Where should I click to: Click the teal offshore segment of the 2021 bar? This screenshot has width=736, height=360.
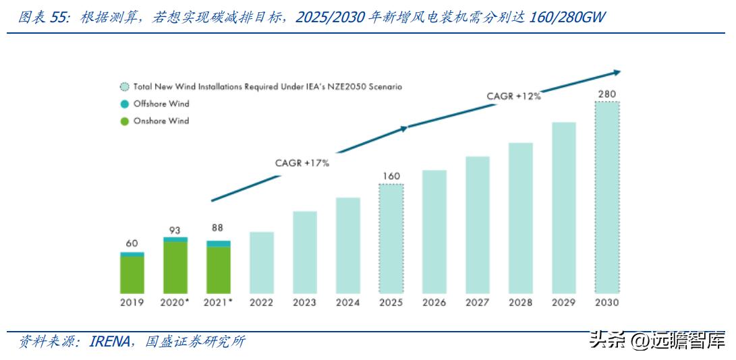coord(219,243)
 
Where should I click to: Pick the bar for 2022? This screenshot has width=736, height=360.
coord(262,263)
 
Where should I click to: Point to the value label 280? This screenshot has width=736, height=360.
coord(606,93)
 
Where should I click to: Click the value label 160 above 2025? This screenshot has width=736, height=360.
coord(391,176)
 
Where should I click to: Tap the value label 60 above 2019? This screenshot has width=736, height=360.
coord(132,243)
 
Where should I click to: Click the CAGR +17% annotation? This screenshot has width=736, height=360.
coord(302,163)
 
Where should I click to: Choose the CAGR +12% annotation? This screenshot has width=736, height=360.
coord(513,96)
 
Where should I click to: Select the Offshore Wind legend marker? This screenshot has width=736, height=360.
coord(124,104)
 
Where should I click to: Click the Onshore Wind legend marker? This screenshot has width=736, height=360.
coord(124,121)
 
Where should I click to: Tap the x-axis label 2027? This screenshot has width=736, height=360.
coord(477,303)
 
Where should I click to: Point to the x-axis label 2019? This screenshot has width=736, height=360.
coord(132,303)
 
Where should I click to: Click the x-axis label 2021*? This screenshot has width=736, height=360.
coord(219,303)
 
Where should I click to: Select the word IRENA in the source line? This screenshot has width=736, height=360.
coord(110,342)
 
